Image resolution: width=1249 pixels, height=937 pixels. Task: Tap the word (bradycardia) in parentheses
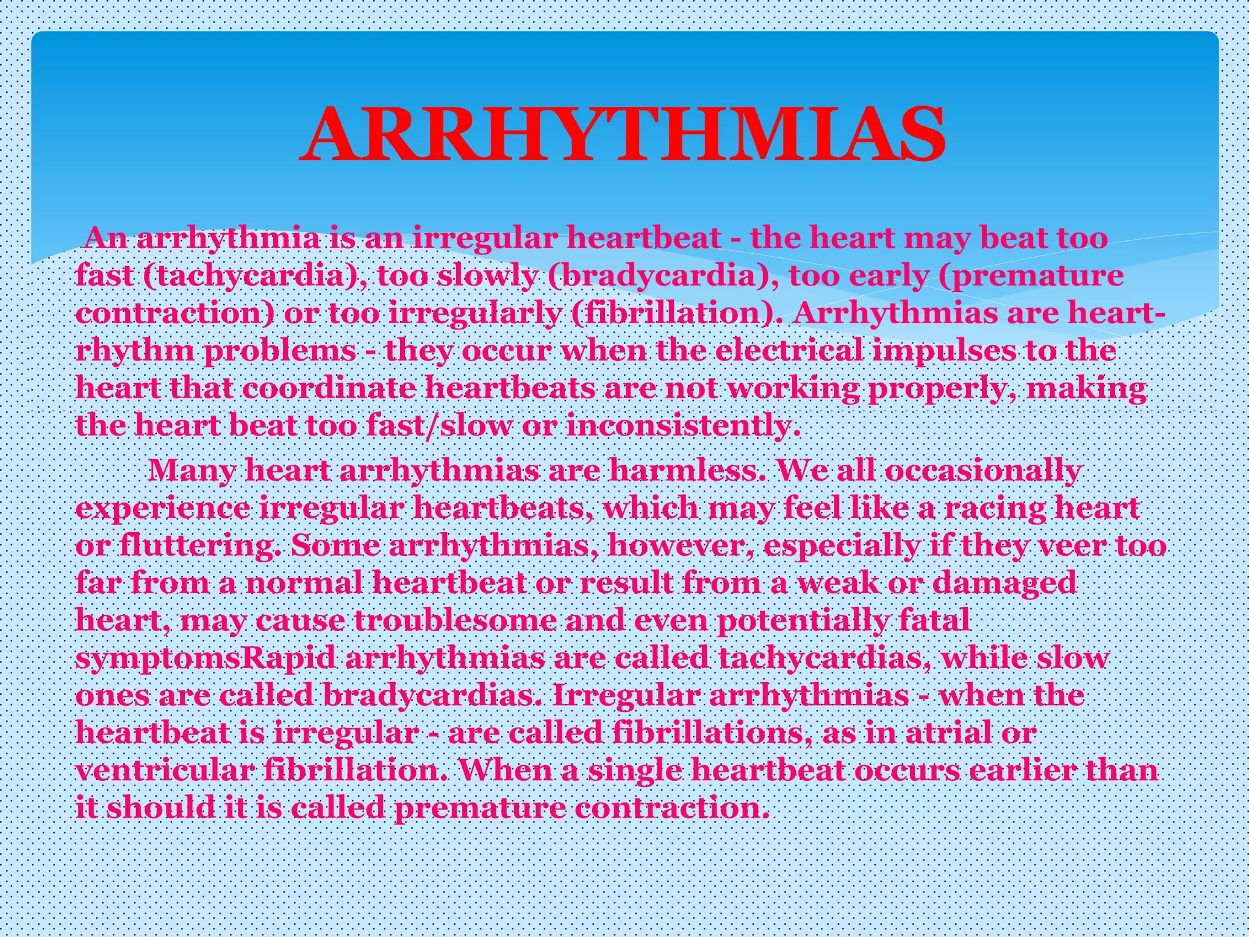pos(662,276)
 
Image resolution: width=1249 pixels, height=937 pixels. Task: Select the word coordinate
pos(329,389)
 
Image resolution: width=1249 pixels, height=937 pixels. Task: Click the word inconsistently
pos(682,426)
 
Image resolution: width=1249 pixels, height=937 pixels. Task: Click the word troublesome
pos(454,621)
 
